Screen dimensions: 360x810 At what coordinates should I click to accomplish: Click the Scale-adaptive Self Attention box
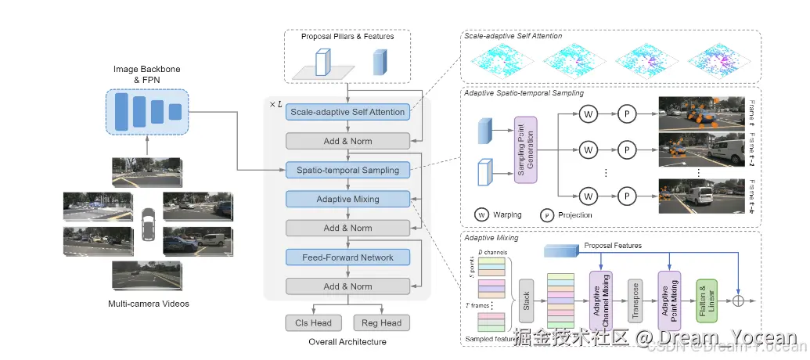tap(347, 112)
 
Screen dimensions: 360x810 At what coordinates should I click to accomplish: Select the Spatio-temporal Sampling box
tap(347, 170)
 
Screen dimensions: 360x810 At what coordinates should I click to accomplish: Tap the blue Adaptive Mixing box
tap(347, 199)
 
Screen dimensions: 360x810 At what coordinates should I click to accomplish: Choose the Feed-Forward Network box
tap(347, 257)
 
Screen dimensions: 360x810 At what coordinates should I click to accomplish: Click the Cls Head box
tap(312, 322)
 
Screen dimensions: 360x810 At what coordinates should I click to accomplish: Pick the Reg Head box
tap(382, 322)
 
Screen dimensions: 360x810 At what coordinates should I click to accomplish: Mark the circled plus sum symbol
tap(737, 301)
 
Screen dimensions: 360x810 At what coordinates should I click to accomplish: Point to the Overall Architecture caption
tap(347, 342)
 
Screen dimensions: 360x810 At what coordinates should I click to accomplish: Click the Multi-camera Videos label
tap(148, 304)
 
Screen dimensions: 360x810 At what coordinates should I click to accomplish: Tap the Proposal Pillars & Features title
tap(347, 37)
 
